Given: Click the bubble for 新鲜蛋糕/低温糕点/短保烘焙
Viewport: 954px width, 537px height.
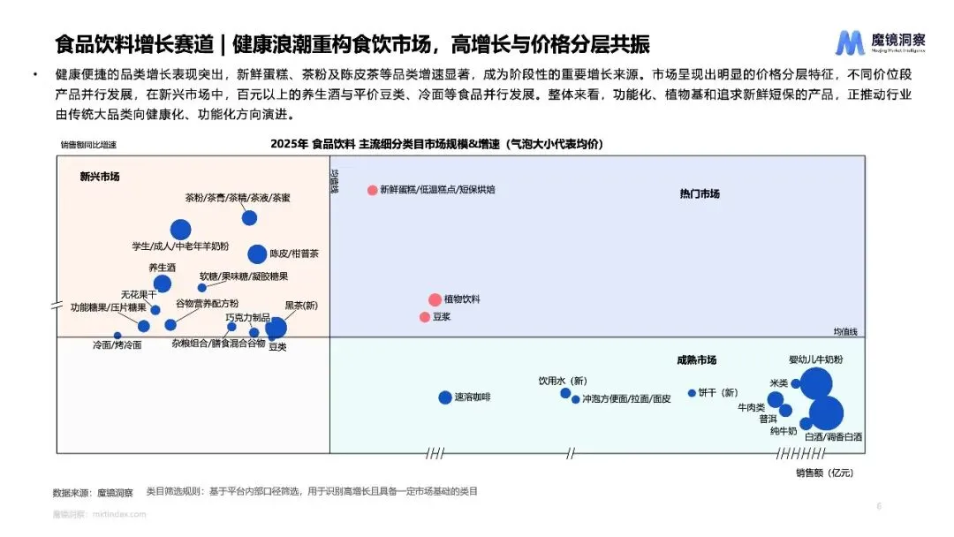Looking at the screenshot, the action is [x=373, y=190].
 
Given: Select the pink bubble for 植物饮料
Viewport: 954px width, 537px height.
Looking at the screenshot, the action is [x=435, y=300].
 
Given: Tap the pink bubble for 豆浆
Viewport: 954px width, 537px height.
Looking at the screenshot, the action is [x=425, y=317].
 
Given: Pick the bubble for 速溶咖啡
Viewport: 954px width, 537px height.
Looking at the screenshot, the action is [x=445, y=397].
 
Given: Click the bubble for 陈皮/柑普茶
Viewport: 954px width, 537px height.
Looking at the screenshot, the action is [x=257, y=254].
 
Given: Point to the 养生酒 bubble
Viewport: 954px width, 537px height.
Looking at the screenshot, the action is [x=163, y=284].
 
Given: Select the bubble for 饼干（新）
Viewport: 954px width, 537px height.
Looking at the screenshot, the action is [x=692, y=393].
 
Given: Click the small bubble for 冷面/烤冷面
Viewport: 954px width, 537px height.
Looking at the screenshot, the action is [x=117, y=336].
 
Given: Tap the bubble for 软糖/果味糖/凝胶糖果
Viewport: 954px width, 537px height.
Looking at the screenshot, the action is [x=201, y=288].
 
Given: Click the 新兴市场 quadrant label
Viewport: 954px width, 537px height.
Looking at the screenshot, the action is [x=99, y=177].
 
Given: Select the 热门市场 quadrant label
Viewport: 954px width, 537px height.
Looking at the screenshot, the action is [x=700, y=194].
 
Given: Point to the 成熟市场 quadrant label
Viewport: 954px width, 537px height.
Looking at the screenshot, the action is [x=696, y=360].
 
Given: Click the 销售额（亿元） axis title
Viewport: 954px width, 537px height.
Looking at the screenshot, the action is [x=824, y=473].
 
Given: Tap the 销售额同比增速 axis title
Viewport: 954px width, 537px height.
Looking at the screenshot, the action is [x=88, y=145].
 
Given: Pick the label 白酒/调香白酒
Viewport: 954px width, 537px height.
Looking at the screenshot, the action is [x=833, y=437].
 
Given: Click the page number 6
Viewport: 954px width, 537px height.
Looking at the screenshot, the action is [x=879, y=506].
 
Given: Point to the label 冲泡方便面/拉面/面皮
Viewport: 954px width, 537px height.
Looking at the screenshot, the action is [x=626, y=399].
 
